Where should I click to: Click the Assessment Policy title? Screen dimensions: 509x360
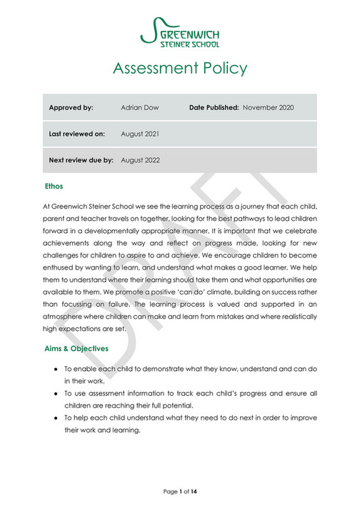point(180,69)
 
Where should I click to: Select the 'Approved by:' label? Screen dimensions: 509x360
point(71,107)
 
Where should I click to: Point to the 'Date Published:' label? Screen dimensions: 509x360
point(214,107)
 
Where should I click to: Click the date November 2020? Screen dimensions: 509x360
point(269,107)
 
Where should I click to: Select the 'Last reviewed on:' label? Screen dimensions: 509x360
point(77,134)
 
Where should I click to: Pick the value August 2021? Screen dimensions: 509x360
point(140,134)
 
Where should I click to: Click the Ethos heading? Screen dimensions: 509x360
point(54,187)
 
